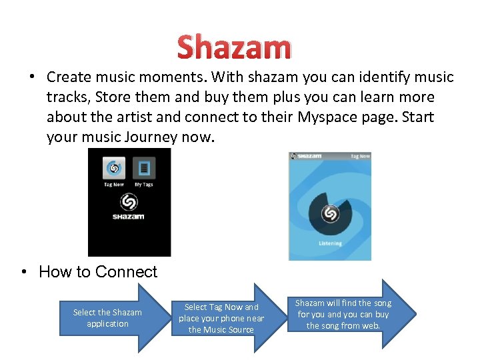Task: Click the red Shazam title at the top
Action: (x=234, y=48)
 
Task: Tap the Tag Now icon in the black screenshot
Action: (x=114, y=168)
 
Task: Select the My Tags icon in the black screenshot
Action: (x=143, y=168)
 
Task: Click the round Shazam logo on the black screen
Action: (x=128, y=202)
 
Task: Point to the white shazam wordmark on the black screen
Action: (x=128, y=217)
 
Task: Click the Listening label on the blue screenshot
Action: (x=330, y=244)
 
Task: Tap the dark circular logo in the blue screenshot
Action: (x=329, y=213)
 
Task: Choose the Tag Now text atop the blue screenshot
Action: (x=360, y=156)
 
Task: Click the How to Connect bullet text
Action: (x=98, y=272)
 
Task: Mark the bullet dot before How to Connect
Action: (x=25, y=272)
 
